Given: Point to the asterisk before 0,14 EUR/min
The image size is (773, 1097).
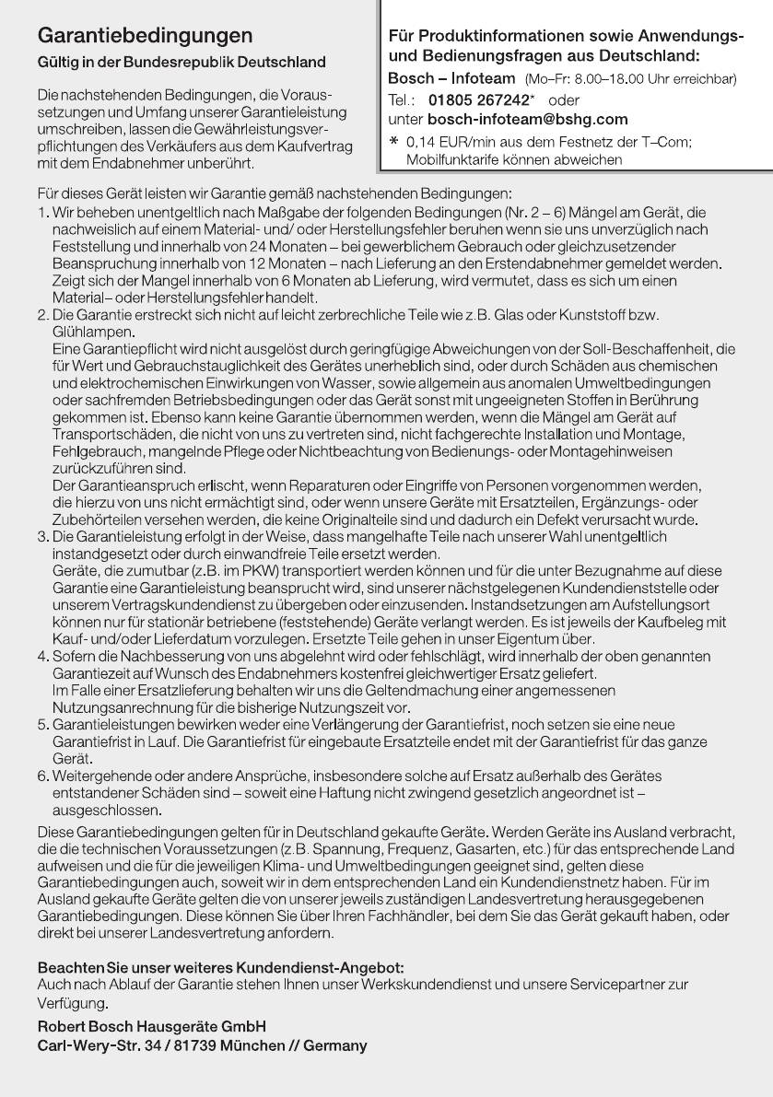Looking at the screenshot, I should coord(395,142).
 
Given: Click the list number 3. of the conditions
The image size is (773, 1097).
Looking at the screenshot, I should coord(43,536).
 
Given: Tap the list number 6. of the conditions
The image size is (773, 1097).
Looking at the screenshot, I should coord(43,776).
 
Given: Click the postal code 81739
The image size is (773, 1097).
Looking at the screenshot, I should coord(203,1045).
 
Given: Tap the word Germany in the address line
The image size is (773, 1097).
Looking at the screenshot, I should coord(336,1045).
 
